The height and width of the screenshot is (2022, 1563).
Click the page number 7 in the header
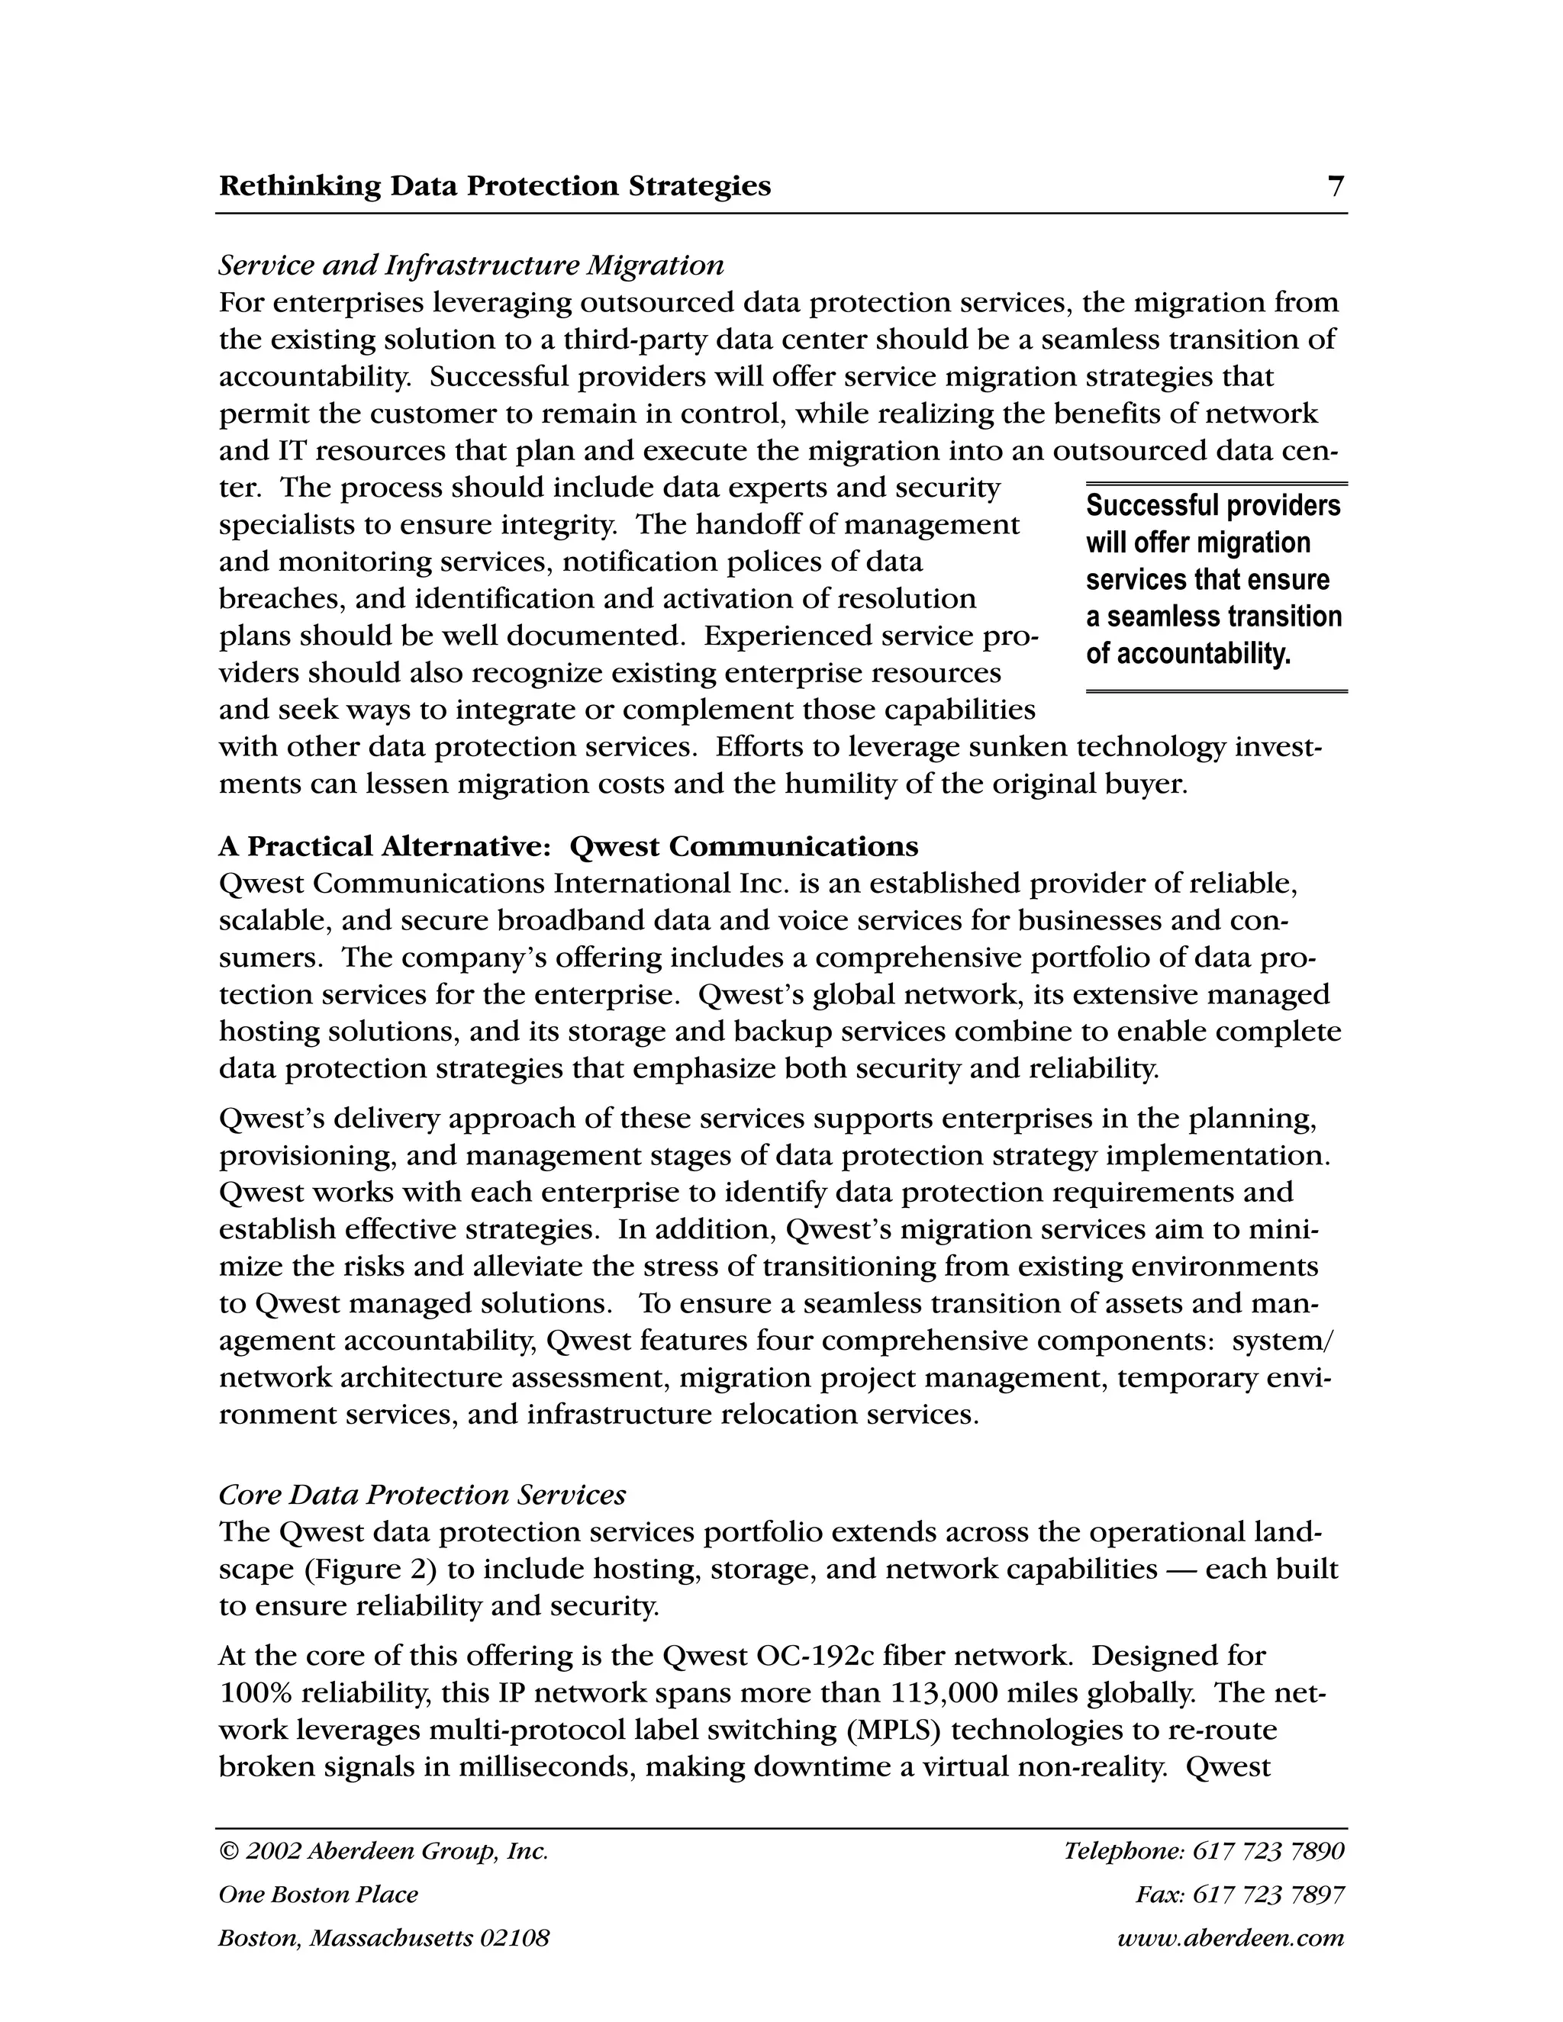[1336, 187]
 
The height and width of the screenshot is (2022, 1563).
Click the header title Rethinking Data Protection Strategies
[495, 187]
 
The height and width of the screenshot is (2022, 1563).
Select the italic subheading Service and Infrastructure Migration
[470, 266]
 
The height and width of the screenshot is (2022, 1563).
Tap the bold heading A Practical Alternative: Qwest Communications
[569, 846]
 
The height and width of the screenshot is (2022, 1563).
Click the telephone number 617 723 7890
[1268, 1851]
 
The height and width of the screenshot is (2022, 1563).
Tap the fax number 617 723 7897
[1268, 1895]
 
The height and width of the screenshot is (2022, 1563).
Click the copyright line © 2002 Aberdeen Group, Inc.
[383, 1851]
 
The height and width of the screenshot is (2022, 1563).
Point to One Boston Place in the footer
[317, 1895]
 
